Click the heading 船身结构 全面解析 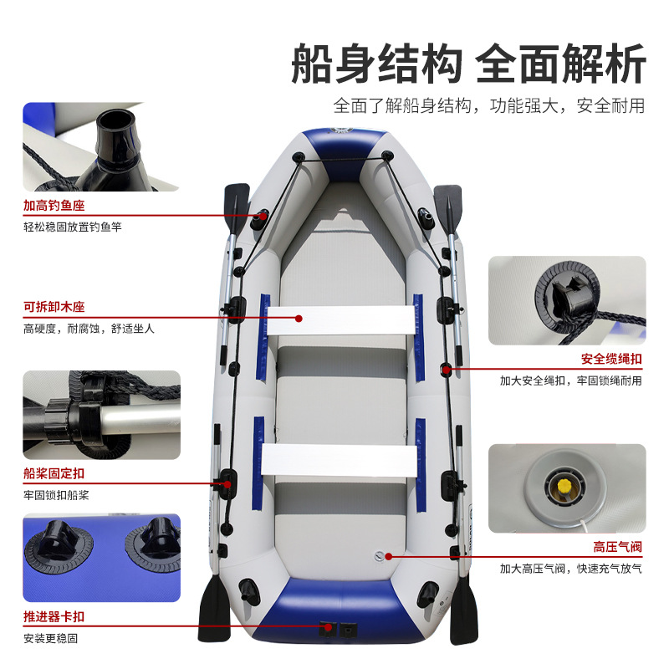468,64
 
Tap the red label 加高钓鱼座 54,206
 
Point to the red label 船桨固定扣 54,474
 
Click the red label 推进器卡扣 54,618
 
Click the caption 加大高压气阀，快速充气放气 571,569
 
